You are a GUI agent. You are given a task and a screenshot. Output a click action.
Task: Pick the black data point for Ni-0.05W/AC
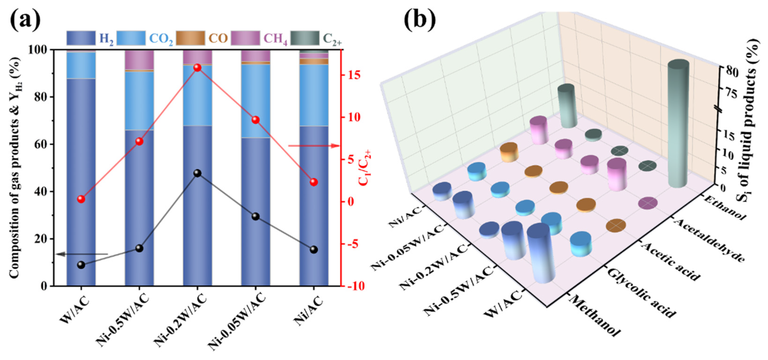click(x=255, y=217)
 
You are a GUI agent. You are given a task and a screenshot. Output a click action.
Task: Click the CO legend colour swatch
click(x=190, y=38)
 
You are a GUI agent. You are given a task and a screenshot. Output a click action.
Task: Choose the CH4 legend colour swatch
click(x=245, y=38)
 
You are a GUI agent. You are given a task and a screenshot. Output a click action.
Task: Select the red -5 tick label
click(x=353, y=244)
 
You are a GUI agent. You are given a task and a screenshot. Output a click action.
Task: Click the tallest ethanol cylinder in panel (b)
click(x=678, y=124)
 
